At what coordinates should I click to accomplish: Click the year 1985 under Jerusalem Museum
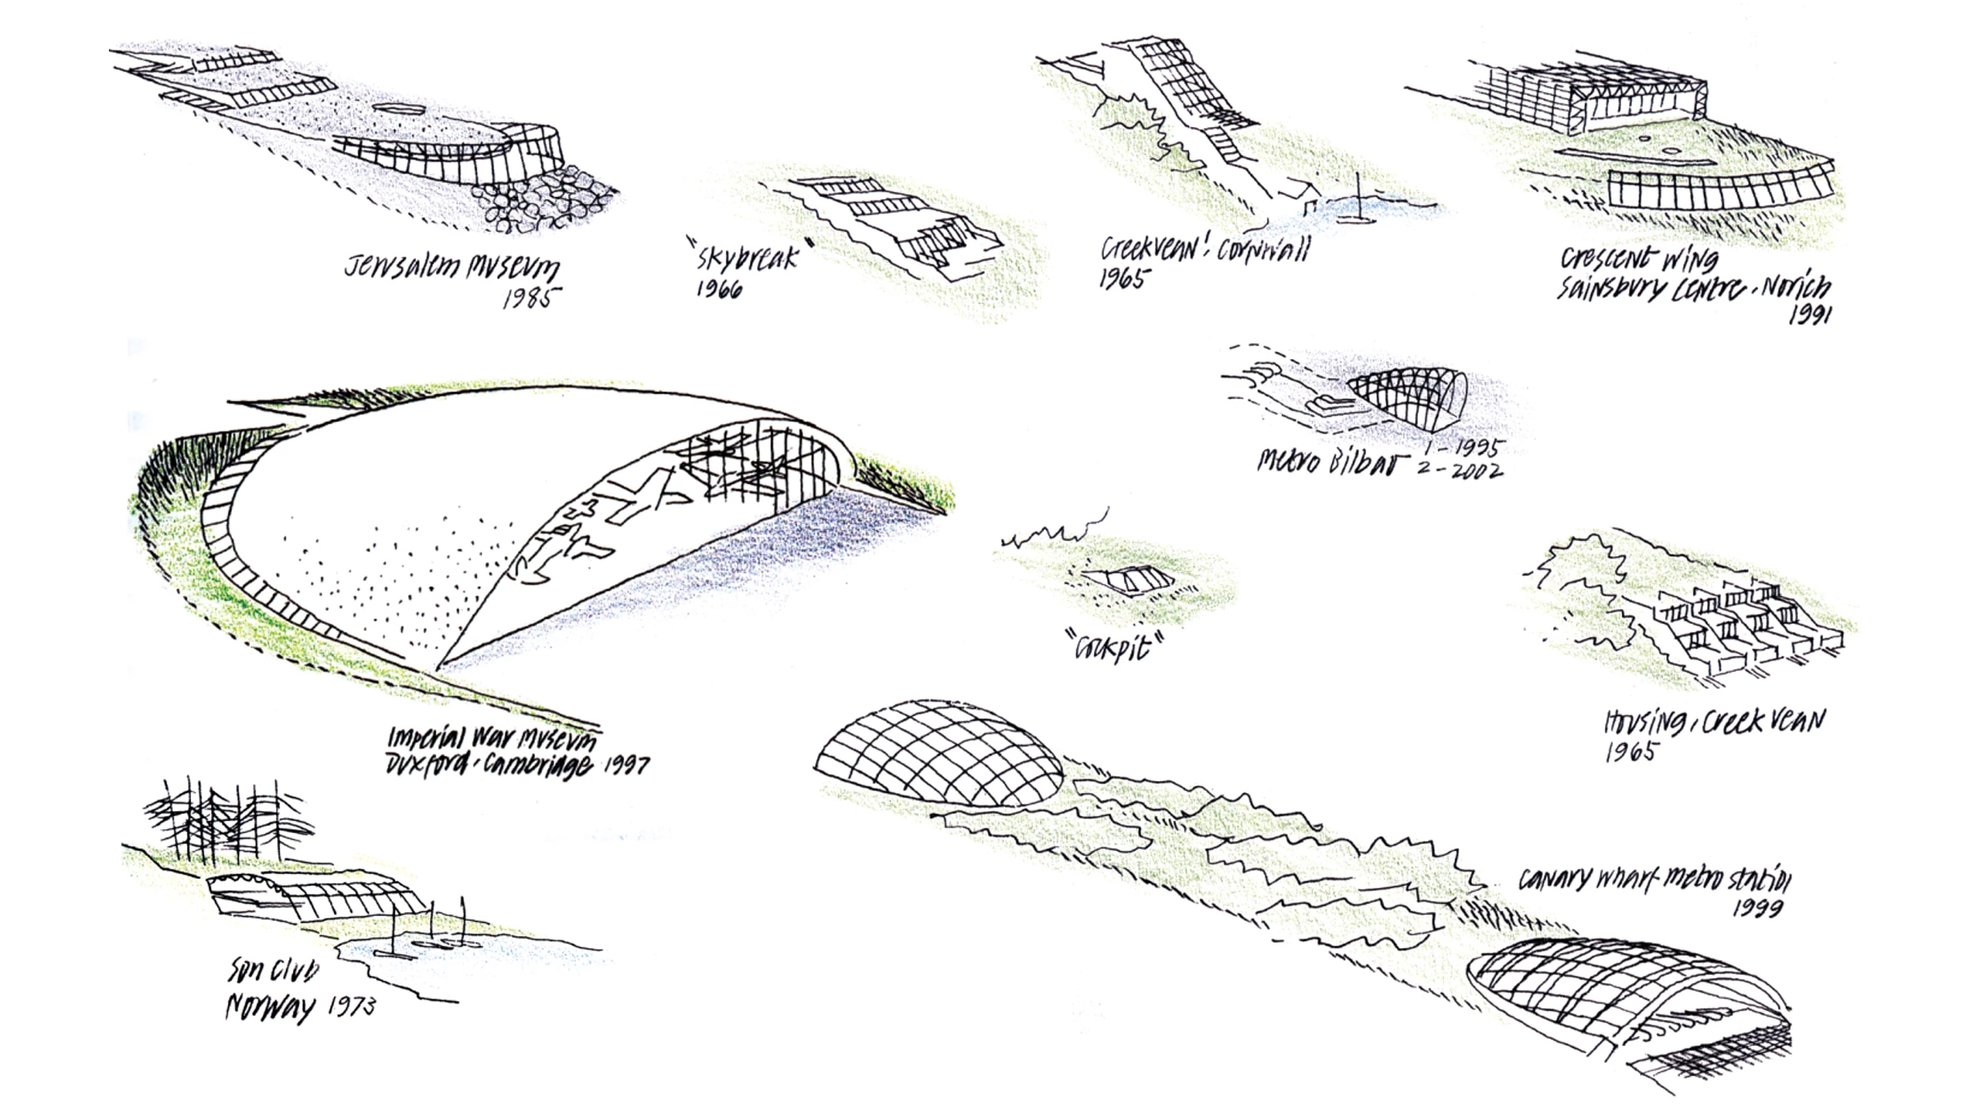pyautogui.click(x=533, y=298)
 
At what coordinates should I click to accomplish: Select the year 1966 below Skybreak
pyautogui.click(x=718, y=290)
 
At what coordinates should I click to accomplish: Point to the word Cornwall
pyautogui.click(x=1263, y=249)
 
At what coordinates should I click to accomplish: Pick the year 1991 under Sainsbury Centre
pyautogui.click(x=1809, y=314)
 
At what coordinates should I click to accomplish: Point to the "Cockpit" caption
pyautogui.click(x=1114, y=648)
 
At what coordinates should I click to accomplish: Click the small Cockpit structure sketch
pyautogui.click(x=1127, y=581)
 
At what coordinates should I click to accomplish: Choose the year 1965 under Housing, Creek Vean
pyautogui.click(x=1630, y=751)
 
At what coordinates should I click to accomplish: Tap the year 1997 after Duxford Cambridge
pyautogui.click(x=626, y=764)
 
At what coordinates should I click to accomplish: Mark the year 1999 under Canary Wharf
pyautogui.click(x=1758, y=908)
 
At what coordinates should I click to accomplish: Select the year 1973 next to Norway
pyautogui.click(x=352, y=1006)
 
